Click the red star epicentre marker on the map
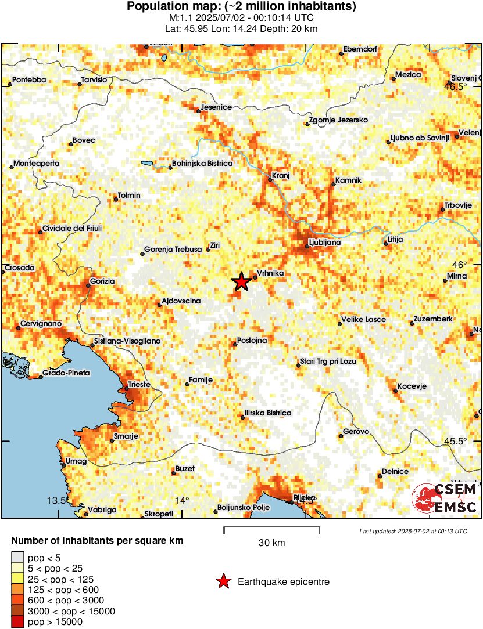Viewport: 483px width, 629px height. (x=241, y=282)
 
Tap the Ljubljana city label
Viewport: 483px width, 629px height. (x=325, y=243)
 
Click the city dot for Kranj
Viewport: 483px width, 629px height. (x=270, y=179)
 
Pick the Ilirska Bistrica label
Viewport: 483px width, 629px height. (x=267, y=413)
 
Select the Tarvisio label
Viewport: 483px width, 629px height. (x=94, y=80)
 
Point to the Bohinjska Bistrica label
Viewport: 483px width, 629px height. (x=202, y=164)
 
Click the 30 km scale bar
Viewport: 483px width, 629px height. (x=271, y=528)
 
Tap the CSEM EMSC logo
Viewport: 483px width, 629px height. (x=445, y=499)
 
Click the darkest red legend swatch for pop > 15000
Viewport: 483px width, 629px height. (x=17, y=622)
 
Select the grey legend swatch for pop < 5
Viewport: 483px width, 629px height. (x=17, y=558)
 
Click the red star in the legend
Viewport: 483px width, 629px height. (x=223, y=581)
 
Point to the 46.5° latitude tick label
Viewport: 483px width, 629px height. (x=456, y=87)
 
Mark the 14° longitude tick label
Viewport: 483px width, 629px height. (x=183, y=501)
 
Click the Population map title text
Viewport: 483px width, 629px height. (x=241, y=7)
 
